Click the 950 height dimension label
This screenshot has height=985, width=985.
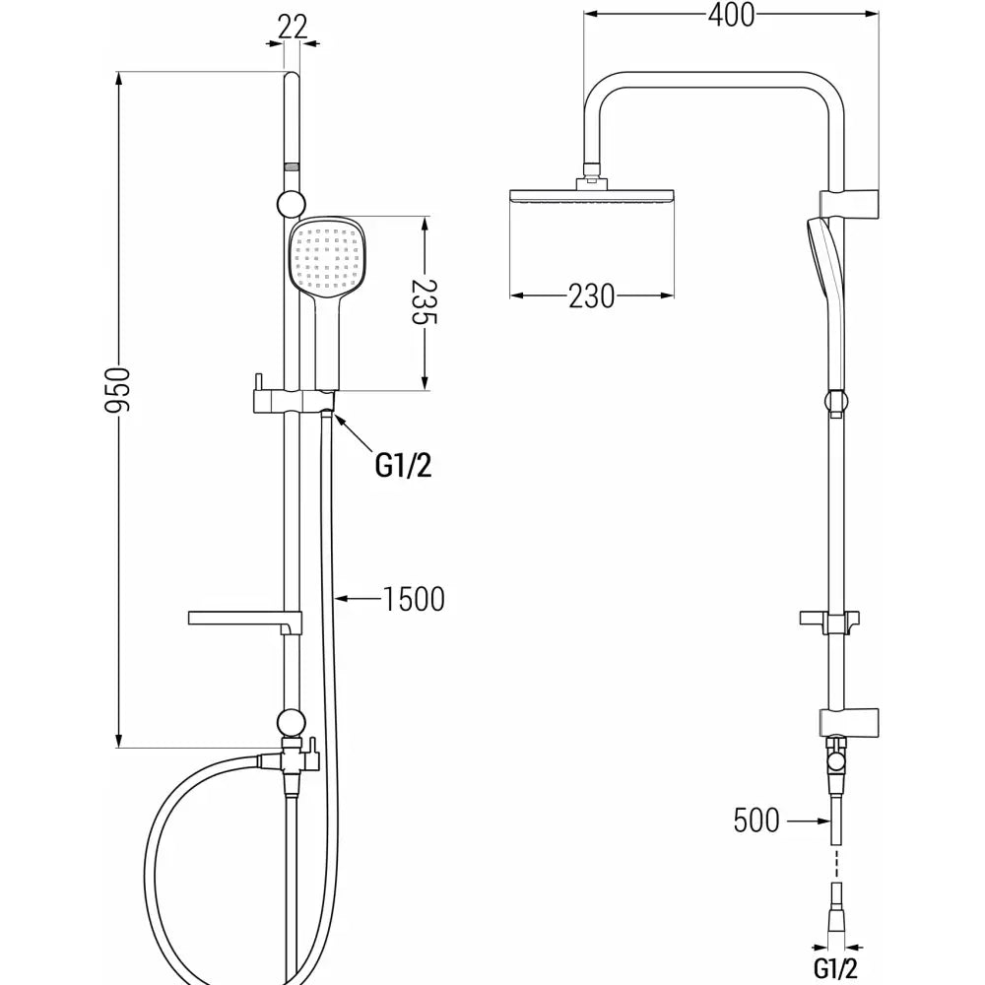[119, 392]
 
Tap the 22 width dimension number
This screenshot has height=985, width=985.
[292, 27]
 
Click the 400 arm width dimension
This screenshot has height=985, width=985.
[730, 15]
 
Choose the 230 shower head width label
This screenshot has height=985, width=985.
[591, 295]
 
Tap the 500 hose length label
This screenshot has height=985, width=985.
[756, 820]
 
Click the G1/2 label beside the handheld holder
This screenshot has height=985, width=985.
[404, 464]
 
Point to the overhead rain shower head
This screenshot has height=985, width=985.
[592, 196]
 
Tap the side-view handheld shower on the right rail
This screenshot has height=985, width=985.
[824, 295]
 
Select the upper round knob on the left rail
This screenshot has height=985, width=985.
[291, 204]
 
